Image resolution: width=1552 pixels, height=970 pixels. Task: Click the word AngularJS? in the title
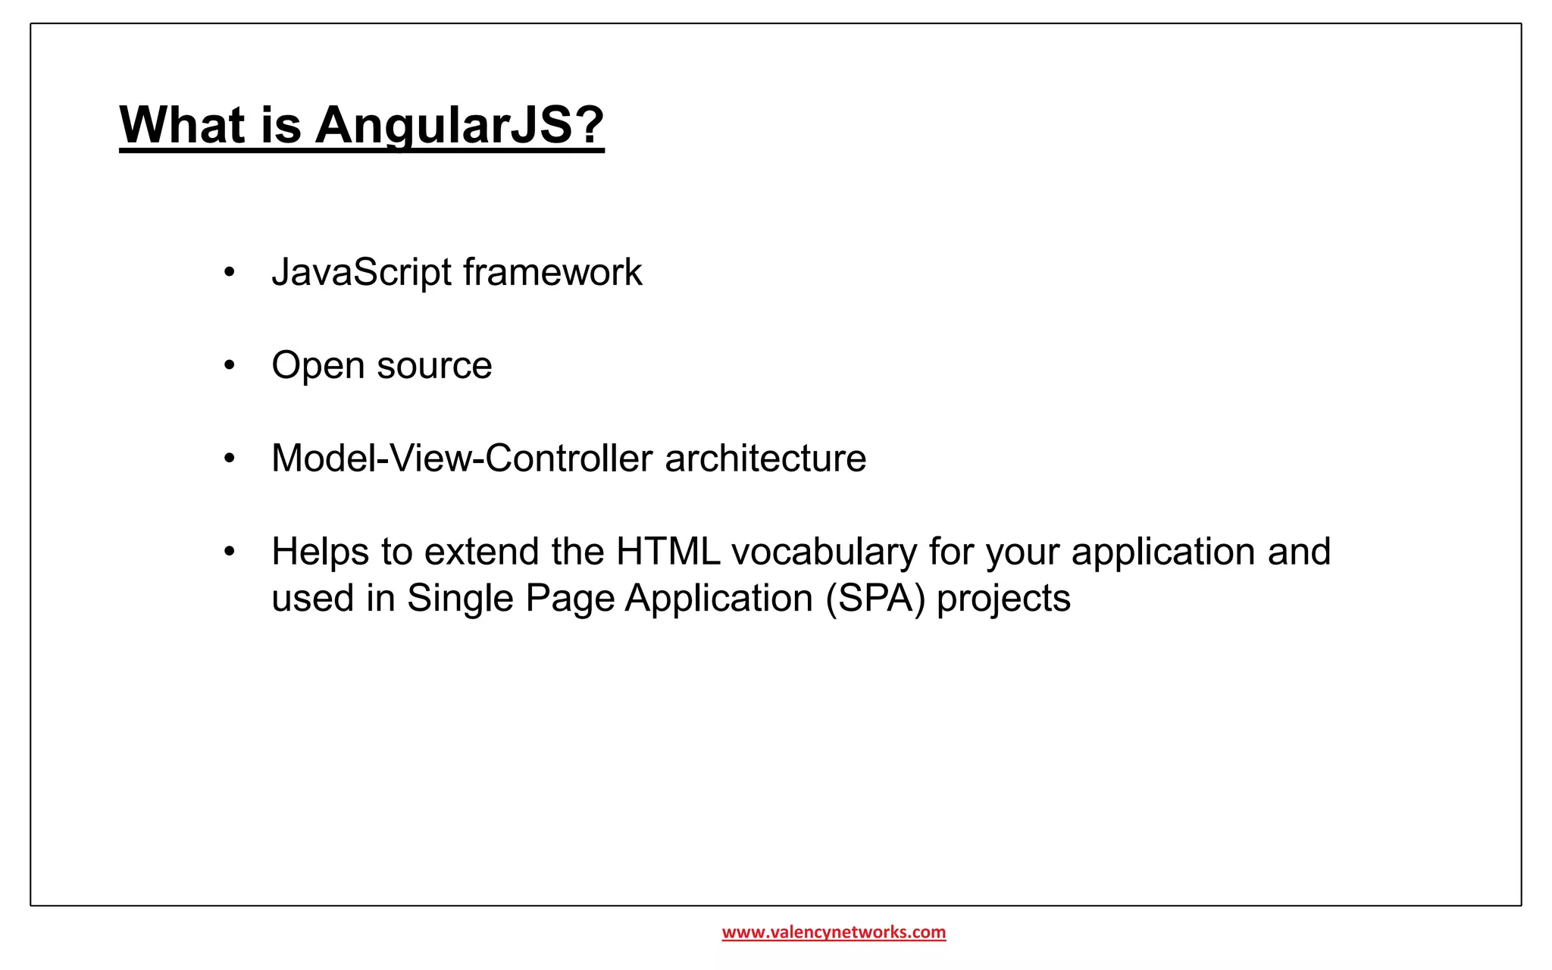click(459, 125)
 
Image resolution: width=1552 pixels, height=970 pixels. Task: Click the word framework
click(552, 273)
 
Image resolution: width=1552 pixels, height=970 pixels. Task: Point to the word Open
click(318, 366)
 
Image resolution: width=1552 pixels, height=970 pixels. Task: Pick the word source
click(434, 366)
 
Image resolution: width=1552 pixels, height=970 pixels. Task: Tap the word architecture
click(765, 458)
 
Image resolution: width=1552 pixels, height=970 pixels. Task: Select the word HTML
click(668, 552)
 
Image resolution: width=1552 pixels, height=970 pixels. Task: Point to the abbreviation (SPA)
click(875, 599)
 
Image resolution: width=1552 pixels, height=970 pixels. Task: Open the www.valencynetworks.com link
click(834, 932)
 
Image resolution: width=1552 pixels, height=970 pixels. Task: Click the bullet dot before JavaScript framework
click(230, 272)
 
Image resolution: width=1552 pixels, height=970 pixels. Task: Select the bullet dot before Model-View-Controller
click(230, 458)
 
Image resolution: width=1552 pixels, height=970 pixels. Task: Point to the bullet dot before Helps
click(230, 552)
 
